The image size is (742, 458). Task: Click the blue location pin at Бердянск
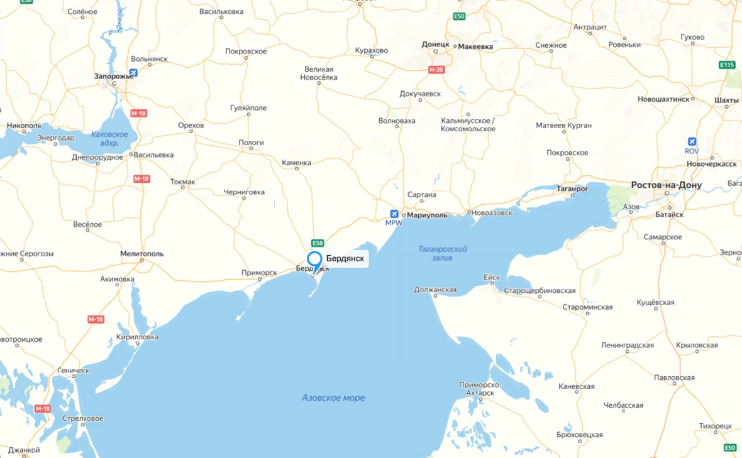[x=314, y=260]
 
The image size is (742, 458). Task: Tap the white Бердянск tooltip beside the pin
[x=345, y=258]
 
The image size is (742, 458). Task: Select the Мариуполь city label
[x=427, y=215]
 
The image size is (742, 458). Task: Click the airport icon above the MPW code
[x=394, y=214]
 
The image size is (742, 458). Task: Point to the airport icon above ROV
[x=692, y=141]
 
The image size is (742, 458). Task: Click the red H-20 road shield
[x=436, y=70]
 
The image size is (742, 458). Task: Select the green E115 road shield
[x=727, y=65]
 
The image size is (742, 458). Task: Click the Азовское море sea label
[x=333, y=398]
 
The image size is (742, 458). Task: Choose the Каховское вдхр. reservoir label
[x=109, y=138]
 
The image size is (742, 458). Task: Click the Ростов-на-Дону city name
[x=666, y=185]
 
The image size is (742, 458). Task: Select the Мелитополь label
[x=141, y=254]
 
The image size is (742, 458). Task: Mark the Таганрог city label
[x=572, y=188]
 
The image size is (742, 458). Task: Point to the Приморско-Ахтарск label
[x=480, y=388]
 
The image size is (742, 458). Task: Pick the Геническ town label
[x=73, y=371]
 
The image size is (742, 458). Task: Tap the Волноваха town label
[x=397, y=121]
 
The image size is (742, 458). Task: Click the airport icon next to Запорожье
[x=133, y=73]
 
